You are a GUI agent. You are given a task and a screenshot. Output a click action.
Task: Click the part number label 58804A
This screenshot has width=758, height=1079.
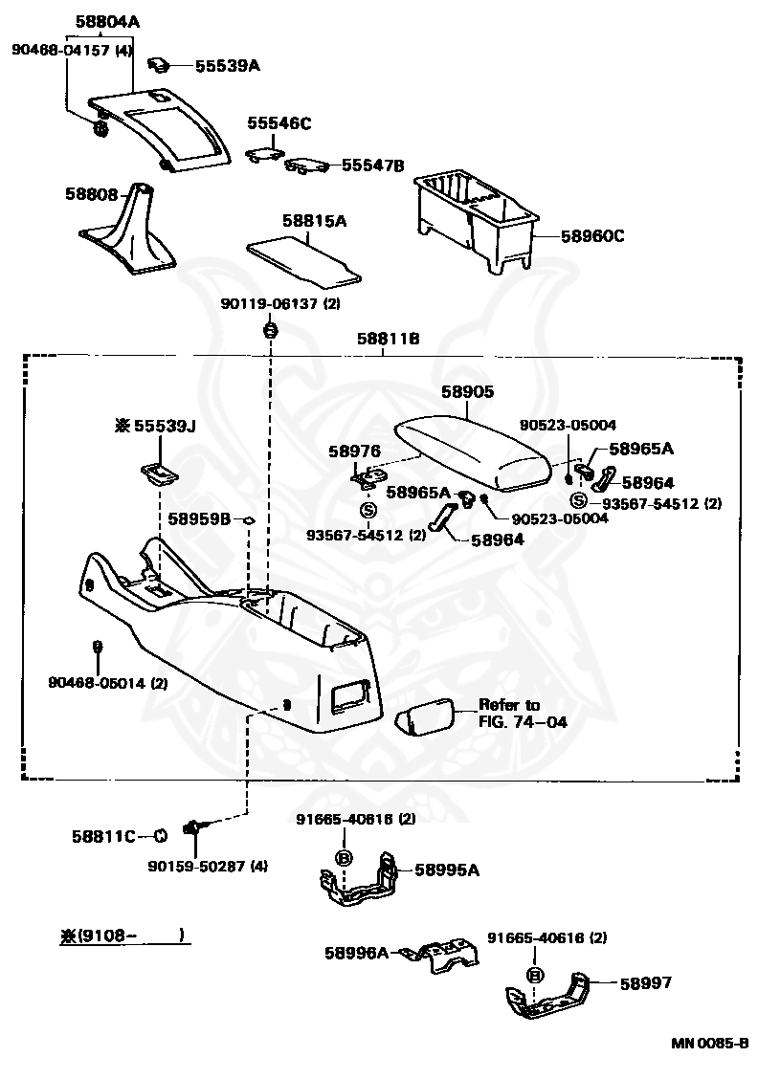(106, 22)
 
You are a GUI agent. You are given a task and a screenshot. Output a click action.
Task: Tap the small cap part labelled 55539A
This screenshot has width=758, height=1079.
(160, 65)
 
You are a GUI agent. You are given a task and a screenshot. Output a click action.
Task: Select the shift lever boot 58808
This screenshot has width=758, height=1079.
(128, 227)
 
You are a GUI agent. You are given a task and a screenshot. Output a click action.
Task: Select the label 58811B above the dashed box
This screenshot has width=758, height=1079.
(389, 339)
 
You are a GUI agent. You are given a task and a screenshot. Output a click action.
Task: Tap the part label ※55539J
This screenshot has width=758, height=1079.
(155, 427)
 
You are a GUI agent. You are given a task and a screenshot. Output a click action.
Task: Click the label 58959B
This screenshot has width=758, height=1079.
(199, 518)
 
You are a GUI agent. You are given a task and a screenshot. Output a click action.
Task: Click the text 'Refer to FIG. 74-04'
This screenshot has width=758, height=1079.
(523, 713)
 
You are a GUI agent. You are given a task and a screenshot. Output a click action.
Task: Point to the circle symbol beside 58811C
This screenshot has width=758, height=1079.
(159, 836)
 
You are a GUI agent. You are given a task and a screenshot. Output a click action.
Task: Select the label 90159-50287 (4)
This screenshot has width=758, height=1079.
(208, 866)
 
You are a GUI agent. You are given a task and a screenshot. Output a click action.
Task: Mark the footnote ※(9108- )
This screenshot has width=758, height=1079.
(123, 936)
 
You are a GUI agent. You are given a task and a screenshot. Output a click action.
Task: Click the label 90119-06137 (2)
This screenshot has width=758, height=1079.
(280, 303)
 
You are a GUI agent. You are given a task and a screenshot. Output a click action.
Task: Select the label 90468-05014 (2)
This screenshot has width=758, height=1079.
(108, 683)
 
